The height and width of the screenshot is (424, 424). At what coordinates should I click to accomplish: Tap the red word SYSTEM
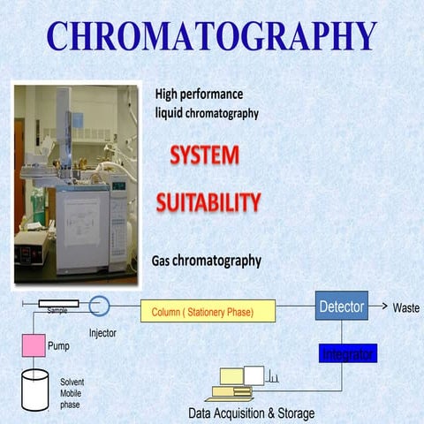[x=204, y=156]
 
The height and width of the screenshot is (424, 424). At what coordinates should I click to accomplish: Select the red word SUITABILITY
[x=208, y=202]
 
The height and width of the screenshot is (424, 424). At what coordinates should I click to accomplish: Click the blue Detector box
[x=341, y=307]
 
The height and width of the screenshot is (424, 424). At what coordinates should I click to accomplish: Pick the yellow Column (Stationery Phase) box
[x=208, y=311]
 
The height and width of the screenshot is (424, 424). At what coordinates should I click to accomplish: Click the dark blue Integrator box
[x=348, y=354]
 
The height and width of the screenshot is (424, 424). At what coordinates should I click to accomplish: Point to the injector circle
[x=100, y=307]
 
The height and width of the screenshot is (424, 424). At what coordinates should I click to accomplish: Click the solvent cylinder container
[x=35, y=389]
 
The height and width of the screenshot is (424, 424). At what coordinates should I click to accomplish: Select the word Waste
[x=406, y=308]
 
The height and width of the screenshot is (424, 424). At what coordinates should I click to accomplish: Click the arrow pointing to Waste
[x=379, y=307]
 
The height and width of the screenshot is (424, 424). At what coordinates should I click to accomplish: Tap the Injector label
[x=102, y=334]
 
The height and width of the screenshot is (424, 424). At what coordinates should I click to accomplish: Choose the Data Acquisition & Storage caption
[x=251, y=413]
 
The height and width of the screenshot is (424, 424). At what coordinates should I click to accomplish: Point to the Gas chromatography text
[x=208, y=261]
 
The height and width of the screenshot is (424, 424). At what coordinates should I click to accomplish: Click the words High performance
[x=199, y=94]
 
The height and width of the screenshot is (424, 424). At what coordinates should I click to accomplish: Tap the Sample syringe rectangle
[x=58, y=303]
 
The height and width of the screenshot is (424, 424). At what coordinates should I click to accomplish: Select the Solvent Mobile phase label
[x=72, y=392]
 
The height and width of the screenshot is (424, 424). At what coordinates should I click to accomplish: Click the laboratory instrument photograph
[x=76, y=184]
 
